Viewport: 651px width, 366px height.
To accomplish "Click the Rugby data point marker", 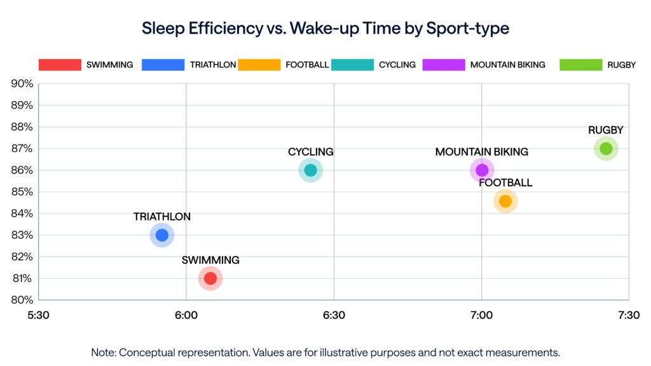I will point(606,149).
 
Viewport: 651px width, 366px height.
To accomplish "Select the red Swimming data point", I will point(210,278).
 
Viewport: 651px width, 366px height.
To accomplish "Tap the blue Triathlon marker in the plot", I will point(162,235).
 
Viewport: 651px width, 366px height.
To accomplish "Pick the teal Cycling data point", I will point(310,170).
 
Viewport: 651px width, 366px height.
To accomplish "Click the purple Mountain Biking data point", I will point(482,170).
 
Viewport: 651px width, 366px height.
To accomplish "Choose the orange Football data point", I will point(505,201).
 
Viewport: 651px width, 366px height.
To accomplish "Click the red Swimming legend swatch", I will point(60,65).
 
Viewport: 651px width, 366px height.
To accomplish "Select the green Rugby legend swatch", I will point(580,65).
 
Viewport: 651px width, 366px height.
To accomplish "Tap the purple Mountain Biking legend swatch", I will point(443,65).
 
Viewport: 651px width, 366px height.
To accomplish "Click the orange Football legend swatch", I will point(259,65).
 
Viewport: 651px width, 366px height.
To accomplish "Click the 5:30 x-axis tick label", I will point(39,315).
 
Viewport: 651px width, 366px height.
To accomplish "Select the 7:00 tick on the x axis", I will point(481,315).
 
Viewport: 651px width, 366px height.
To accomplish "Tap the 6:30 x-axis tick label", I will point(334,315).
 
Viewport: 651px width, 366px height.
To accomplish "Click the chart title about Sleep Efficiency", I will point(325,29).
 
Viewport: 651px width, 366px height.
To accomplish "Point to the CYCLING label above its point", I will point(310,152).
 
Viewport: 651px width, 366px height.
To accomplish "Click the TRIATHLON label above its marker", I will point(162,217).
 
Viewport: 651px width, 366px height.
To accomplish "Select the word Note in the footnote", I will point(103,352).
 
